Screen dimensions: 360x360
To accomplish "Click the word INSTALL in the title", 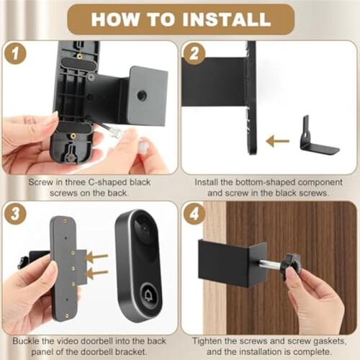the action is [227, 19].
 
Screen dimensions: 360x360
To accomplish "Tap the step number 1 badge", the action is [15, 53].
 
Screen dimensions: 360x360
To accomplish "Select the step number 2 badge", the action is [194, 53].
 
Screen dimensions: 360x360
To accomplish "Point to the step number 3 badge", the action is [15, 213].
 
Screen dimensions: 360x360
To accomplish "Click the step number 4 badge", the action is [194, 213].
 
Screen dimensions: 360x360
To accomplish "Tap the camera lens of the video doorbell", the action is [144, 228].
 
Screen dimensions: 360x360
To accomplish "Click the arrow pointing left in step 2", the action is [278, 142].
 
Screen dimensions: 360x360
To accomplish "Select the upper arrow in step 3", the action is [96, 257].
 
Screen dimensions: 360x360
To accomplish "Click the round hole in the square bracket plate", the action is [142, 95].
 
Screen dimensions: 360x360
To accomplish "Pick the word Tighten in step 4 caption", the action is [208, 341].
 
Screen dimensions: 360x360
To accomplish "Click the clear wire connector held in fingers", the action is [114, 132].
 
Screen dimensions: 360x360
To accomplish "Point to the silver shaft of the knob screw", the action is [272, 264].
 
